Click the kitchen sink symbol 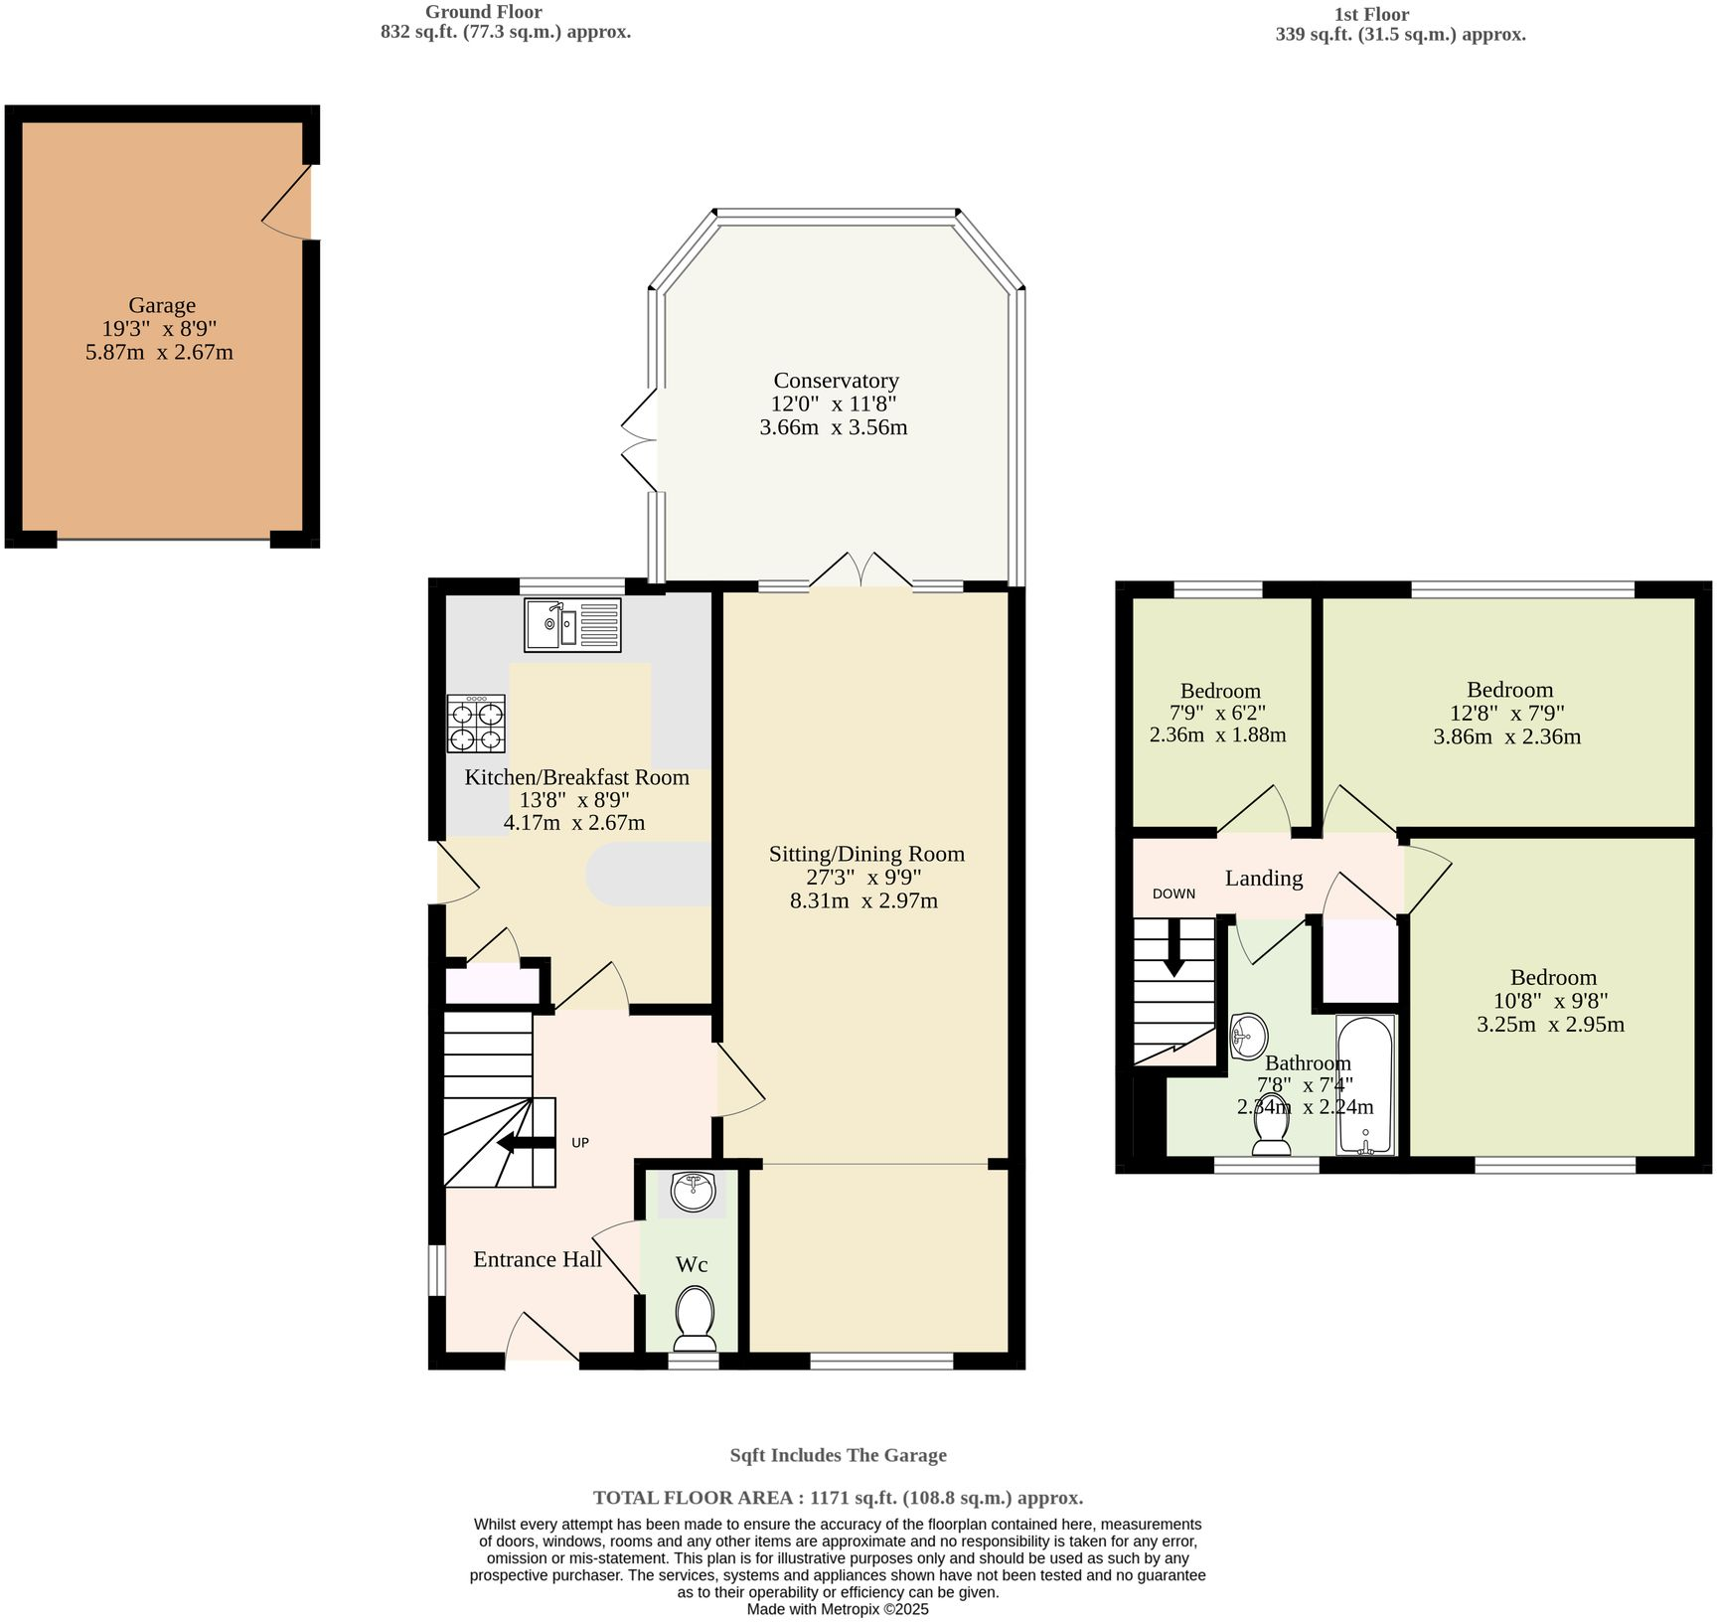point(572,625)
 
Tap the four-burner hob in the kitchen point(476,724)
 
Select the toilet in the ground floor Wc point(695,1318)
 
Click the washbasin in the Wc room point(693,1192)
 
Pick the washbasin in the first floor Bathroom point(1247,1036)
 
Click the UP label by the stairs point(580,1143)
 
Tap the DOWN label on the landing point(1173,893)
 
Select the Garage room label point(162,305)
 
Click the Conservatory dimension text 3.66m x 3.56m point(833,427)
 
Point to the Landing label point(1263,878)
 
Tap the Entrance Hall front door point(542,1339)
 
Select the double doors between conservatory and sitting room point(860,572)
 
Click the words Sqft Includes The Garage point(838,1455)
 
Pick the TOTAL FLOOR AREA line point(838,1498)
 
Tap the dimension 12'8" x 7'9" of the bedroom point(1506,713)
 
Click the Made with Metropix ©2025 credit point(838,1609)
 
